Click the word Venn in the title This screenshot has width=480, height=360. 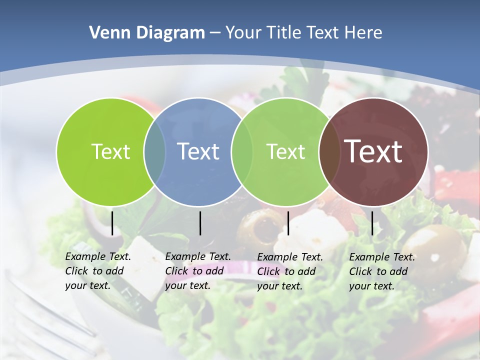108,33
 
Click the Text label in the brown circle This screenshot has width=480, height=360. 373,151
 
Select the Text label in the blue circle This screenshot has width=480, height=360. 198,151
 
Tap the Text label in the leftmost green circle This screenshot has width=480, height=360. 110,151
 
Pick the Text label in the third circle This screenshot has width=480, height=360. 285,151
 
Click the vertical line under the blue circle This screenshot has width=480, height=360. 200,223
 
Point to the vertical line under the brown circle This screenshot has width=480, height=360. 372,223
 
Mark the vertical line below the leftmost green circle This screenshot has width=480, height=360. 112,223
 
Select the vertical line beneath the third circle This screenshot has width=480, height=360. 288,223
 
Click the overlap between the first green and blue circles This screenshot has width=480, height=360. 154,151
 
